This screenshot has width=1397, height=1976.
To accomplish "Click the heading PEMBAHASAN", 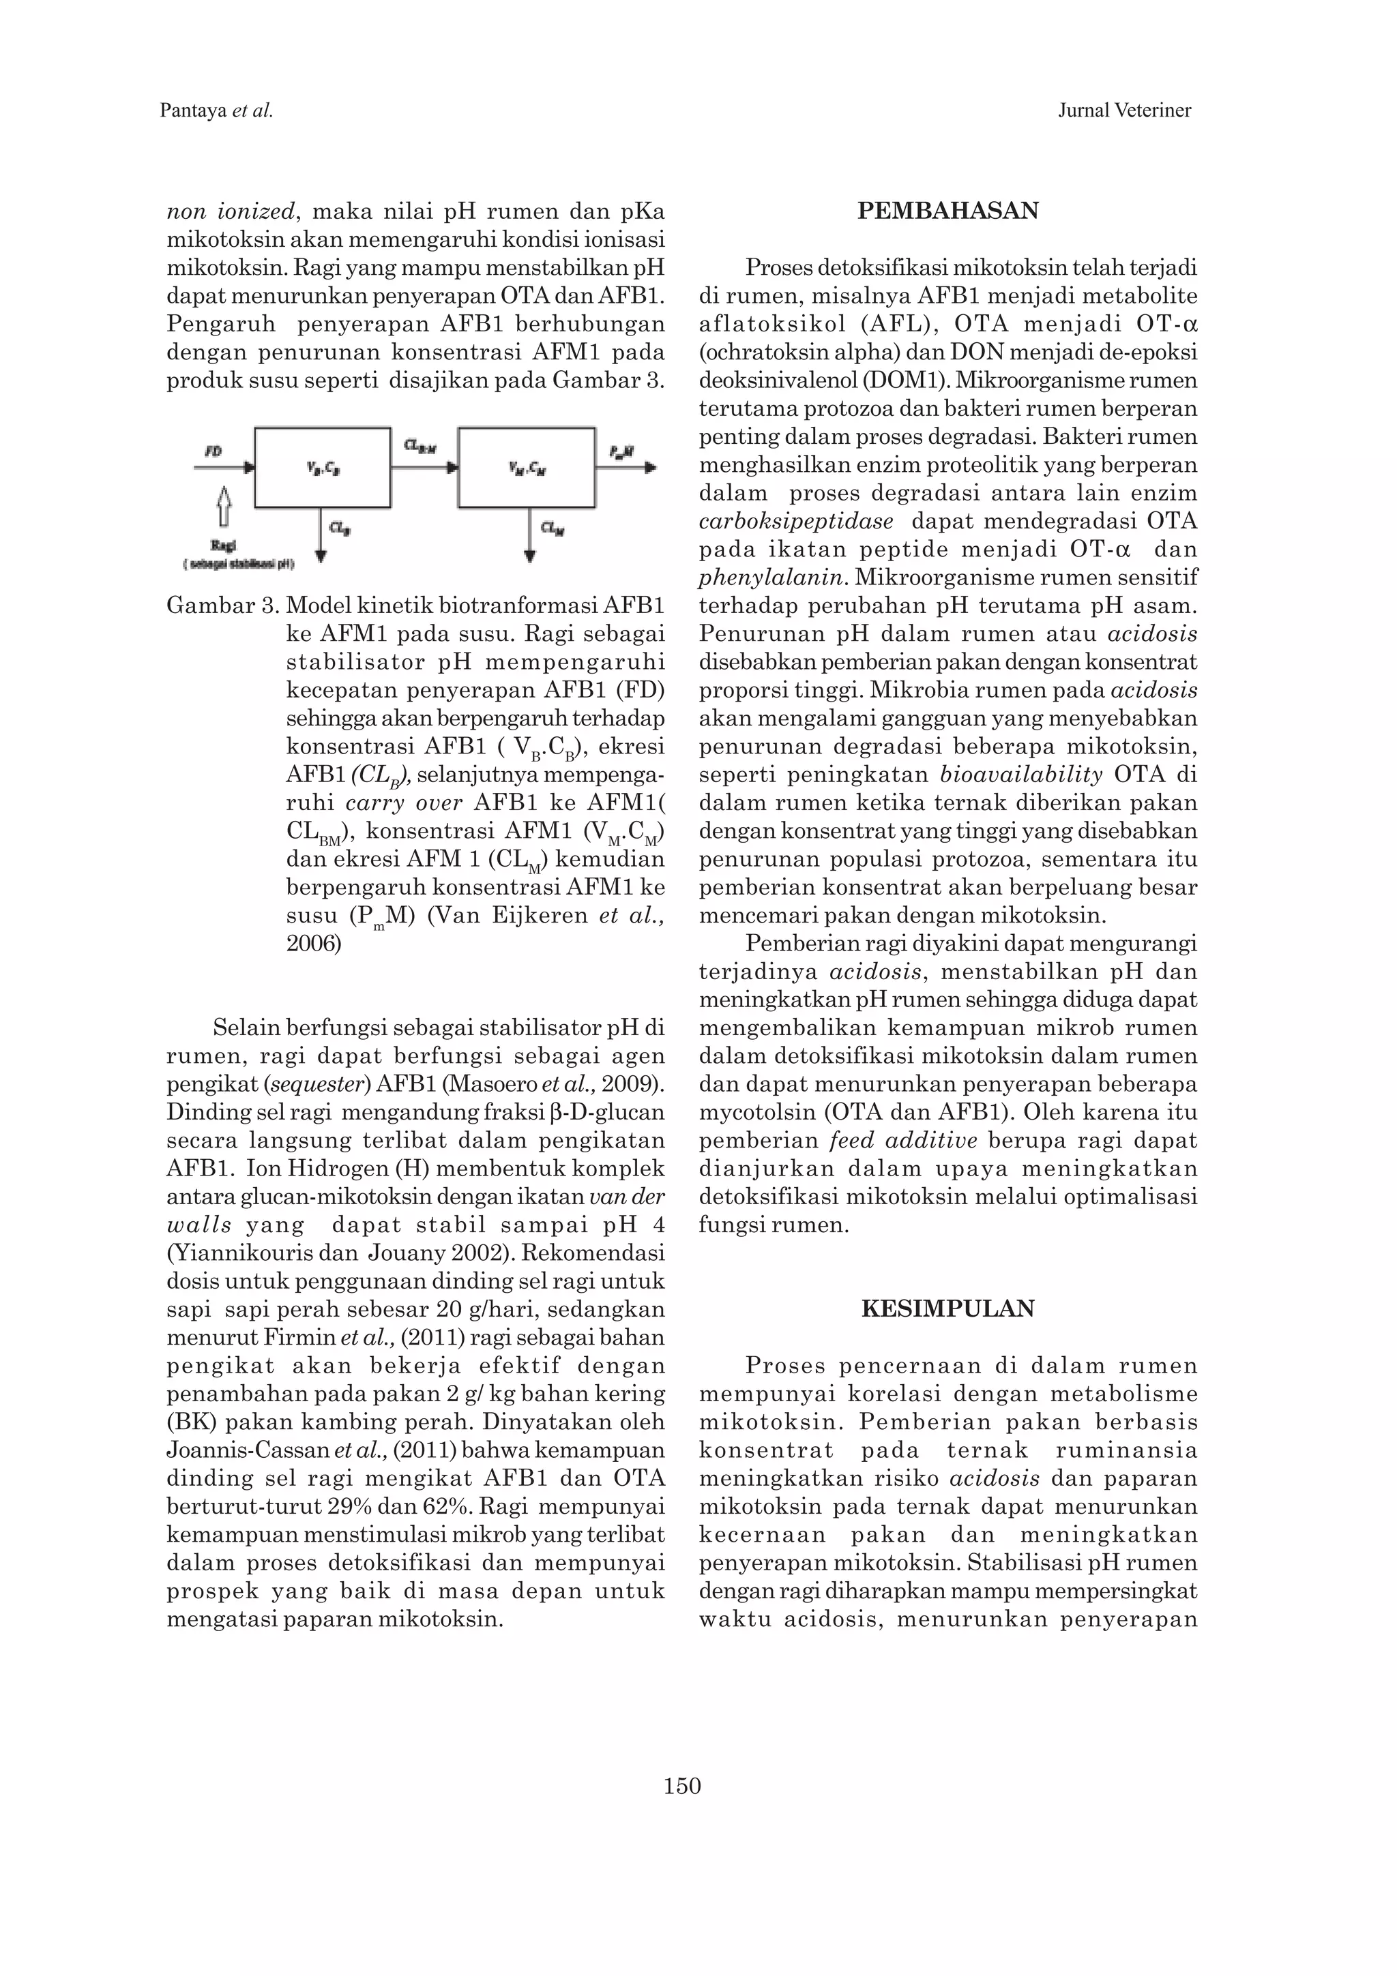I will (947, 211).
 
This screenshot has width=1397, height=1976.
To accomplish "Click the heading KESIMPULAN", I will (947, 1309).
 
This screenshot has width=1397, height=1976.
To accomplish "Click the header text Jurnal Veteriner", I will (1124, 110).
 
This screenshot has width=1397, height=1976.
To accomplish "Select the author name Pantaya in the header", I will (194, 110).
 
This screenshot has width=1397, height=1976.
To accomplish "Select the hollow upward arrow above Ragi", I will (224, 506).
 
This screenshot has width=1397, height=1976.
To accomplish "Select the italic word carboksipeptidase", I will (796, 522).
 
